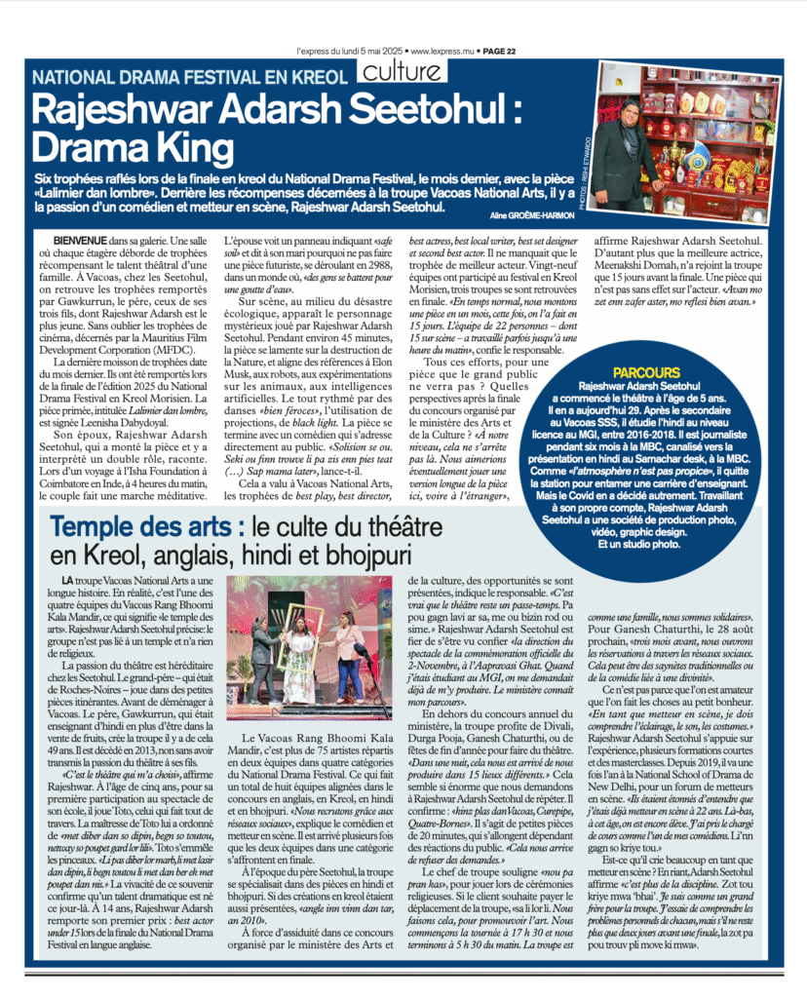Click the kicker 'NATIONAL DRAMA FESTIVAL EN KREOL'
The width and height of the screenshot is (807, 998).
point(190,76)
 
